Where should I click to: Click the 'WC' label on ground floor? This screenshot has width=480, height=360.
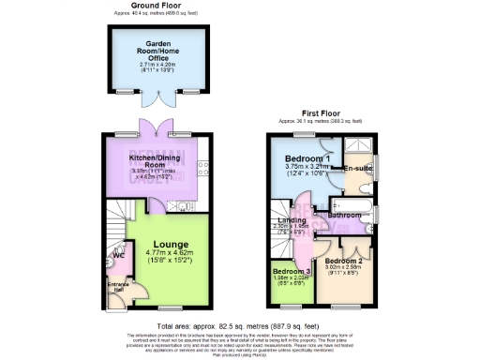point(117,254)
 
